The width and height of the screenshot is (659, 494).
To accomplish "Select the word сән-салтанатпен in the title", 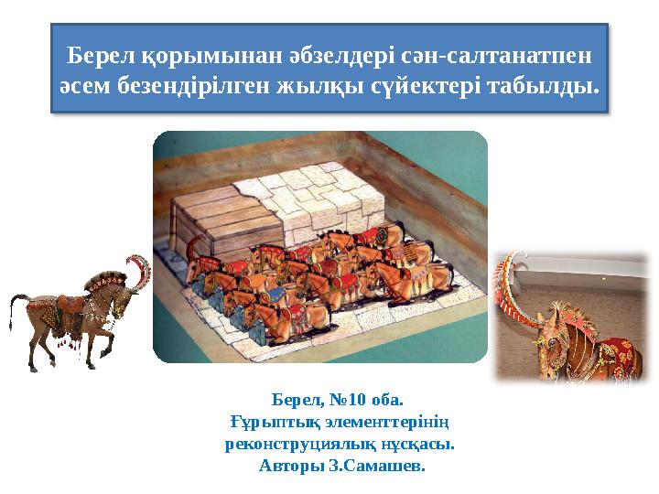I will [x=496, y=56].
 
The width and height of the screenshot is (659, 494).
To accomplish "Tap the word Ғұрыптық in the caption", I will [x=270, y=423].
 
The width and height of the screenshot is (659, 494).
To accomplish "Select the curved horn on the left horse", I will [x=140, y=270].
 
